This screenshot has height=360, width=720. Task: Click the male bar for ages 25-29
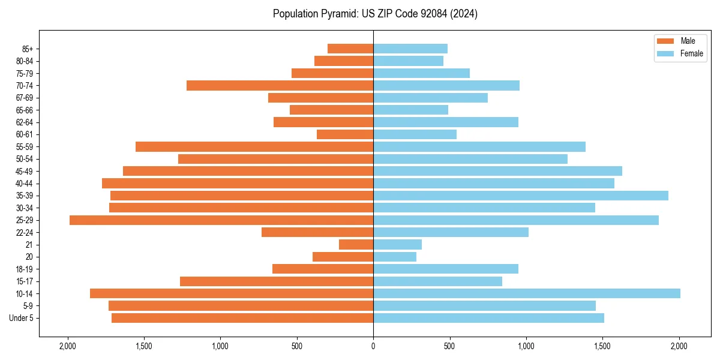coord(221,220)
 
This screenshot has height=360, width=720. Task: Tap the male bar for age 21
coord(356,245)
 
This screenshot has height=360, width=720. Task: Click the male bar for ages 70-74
coord(280,86)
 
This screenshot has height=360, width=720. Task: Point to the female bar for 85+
coord(410,49)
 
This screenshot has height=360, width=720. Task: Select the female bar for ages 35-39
coord(521,196)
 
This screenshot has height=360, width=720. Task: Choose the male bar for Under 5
coord(242,318)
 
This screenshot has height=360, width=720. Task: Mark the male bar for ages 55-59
coord(254,147)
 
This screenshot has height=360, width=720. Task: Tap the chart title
coord(375,14)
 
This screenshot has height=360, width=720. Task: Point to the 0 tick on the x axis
coord(373,346)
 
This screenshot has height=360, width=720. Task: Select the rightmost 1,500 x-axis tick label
coord(603,346)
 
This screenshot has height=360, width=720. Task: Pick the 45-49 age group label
coord(25,171)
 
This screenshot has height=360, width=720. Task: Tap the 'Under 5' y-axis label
coord(22,318)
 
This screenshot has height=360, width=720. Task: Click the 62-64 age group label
coord(25,122)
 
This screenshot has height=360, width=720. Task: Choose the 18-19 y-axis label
coord(25,269)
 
